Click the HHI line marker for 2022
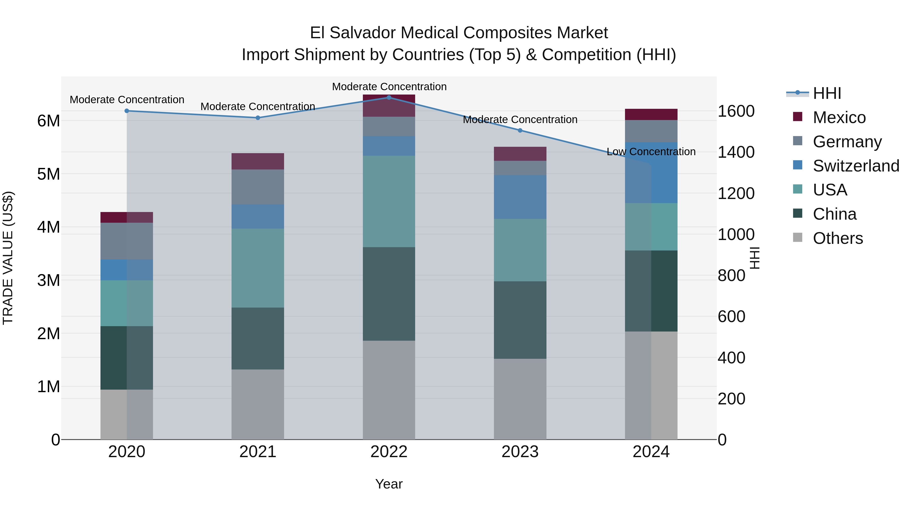[x=389, y=98]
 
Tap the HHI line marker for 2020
[x=127, y=111]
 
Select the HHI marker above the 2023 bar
[x=520, y=130]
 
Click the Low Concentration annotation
[x=651, y=152]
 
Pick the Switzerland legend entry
[x=855, y=166]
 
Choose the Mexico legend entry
[x=839, y=117]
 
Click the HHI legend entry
[x=827, y=93]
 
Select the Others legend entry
[x=837, y=238]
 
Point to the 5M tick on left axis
[x=49, y=174]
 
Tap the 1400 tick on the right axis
[x=735, y=152]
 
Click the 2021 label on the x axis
[x=258, y=452]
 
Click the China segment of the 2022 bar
[x=389, y=294]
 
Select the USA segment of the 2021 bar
[x=258, y=268]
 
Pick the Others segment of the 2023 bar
[x=520, y=399]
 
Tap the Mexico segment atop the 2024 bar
[x=651, y=114]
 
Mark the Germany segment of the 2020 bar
[x=127, y=241]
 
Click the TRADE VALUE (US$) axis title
[x=8, y=258]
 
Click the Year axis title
[x=389, y=484]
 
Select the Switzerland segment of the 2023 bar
[x=520, y=197]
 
